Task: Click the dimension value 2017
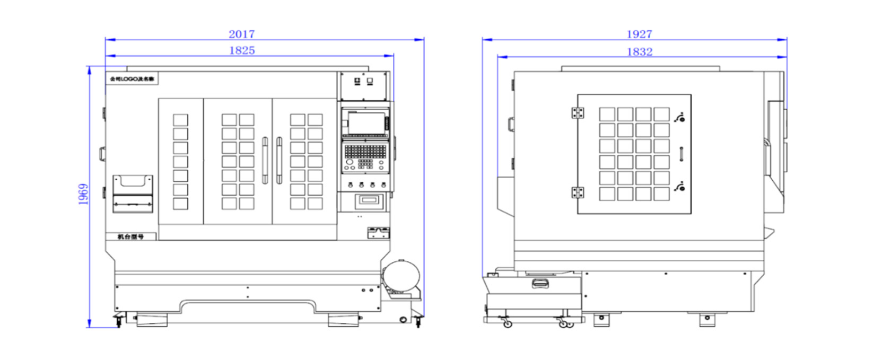[x=241, y=34]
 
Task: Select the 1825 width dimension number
[x=242, y=50]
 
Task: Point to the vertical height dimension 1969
[x=83, y=195]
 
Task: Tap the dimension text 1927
[x=639, y=34]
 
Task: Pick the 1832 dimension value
[x=639, y=51]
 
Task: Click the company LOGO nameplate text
[x=132, y=79]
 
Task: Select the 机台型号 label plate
[x=130, y=236]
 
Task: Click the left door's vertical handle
[x=265, y=160]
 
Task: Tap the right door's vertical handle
[x=279, y=160]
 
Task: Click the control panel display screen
[x=365, y=122]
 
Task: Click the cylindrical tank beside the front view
[x=402, y=276]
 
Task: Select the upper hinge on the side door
[x=578, y=113]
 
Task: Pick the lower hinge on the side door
[x=578, y=192]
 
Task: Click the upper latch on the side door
[x=680, y=117]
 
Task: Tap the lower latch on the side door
[x=680, y=186]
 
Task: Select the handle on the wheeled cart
[x=541, y=284]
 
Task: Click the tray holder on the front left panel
[x=133, y=194]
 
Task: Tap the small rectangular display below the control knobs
[x=369, y=200]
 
